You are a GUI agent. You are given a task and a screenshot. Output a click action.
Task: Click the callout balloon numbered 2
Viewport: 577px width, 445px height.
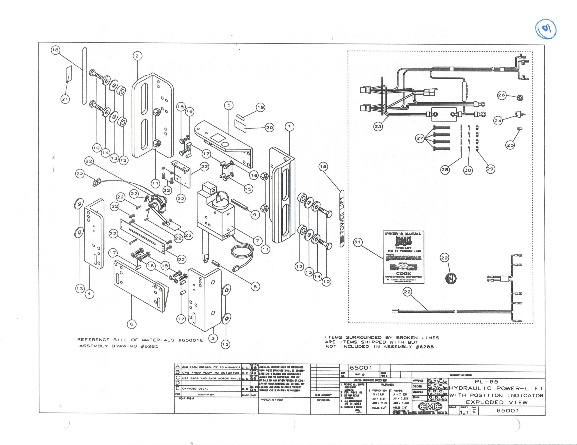[x=137, y=56]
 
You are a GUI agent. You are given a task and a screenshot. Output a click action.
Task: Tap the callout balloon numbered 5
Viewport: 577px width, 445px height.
[x=229, y=105]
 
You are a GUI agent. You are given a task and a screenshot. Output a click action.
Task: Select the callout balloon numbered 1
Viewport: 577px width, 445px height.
[x=290, y=126]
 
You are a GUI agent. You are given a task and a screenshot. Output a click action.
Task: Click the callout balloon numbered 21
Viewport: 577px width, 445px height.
[x=65, y=99]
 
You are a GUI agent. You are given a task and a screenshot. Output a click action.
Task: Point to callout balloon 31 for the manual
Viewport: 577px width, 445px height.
[x=358, y=242]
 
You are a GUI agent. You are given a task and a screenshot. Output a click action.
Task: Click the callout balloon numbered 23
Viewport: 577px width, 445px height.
[x=378, y=126]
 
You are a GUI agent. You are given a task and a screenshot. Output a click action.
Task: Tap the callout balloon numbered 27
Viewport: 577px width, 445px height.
[x=420, y=138]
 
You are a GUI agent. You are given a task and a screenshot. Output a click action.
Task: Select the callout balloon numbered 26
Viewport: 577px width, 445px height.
[x=501, y=95]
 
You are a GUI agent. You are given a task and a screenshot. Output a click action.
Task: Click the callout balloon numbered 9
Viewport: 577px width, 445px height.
[x=255, y=215]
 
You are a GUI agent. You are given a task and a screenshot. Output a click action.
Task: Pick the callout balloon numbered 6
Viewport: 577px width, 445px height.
[x=132, y=324]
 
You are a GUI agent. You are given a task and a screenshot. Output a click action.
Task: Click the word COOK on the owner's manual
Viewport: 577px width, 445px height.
[x=403, y=273]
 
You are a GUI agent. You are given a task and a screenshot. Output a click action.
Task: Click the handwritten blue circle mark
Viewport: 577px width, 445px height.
[x=546, y=29]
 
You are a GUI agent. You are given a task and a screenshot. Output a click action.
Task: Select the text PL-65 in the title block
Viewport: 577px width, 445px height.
[x=486, y=382]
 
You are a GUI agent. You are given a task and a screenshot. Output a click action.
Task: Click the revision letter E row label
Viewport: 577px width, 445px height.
[x=178, y=388]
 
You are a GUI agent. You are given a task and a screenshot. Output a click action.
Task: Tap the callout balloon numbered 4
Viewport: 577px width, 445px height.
[x=89, y=294]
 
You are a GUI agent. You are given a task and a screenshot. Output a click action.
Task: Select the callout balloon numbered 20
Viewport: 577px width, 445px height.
[x=270, y=128]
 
